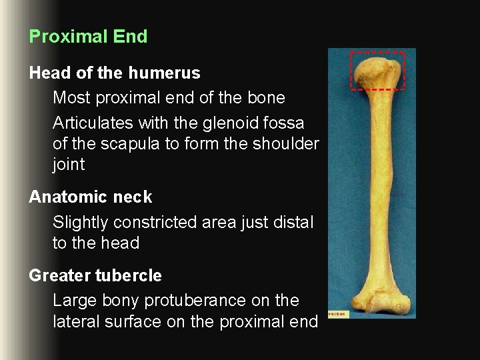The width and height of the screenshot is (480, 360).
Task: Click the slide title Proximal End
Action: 88,37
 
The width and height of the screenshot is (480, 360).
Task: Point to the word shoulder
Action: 286,144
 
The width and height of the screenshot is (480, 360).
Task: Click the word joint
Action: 69,165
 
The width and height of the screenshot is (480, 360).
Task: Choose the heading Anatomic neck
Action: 91,197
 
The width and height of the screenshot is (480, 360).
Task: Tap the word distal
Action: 291,223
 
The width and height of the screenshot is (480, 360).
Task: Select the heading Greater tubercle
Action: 95,275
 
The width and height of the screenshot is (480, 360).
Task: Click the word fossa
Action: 286,123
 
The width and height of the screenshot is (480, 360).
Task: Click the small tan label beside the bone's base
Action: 337,313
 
